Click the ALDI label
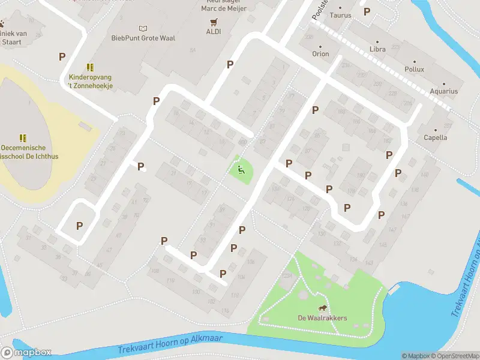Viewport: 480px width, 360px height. (x=214, y=31)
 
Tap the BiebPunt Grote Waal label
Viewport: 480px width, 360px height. (x=143, y=37)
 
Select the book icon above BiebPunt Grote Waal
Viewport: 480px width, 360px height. (x=143, y=28)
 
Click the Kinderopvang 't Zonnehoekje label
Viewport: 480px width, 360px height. (x=91, y=82)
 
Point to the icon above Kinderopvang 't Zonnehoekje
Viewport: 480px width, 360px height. (x=89, y=67)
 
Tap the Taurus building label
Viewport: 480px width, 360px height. (x=340, y=16)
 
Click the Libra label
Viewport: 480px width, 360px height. (x=377, y=49)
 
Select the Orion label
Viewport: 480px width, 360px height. (x=320, y=53)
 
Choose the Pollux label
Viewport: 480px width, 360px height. (x=414, y=69)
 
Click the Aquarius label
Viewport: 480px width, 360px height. (x=443, y=91)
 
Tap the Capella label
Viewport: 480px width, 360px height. (x=436, y=137)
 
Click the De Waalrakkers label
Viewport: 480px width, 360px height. (x=322, y=318)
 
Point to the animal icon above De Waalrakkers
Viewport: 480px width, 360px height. (x=323, y=308)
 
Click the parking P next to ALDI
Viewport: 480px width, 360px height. (x=230, y=64)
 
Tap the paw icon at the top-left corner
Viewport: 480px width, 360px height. (x=2, y=25)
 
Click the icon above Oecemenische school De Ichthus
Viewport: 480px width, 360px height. (x=23, y=137)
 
